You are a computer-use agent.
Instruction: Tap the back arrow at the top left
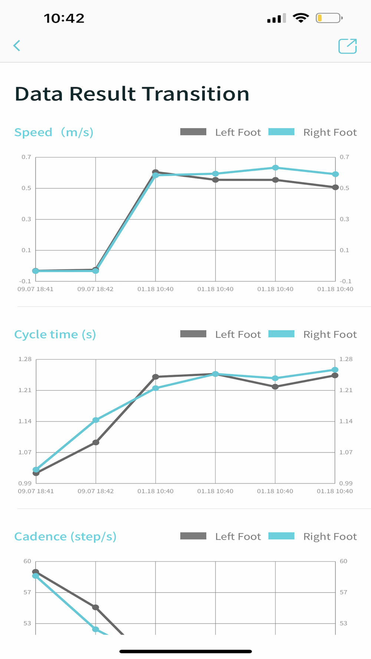pos(17,46)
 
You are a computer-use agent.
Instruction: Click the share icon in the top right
pos(347,46)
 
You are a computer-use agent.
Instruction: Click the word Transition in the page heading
pos(196,94)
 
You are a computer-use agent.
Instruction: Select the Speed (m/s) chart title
pos(54,132)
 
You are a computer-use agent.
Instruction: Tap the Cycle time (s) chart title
pos(55,334)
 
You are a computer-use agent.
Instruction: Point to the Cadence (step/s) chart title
pos(65,536)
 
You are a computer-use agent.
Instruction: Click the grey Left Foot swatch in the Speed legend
pos(193,132)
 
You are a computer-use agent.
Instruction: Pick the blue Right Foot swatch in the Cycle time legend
pos(281,334)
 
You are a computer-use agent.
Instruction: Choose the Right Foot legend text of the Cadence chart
pos(330,536)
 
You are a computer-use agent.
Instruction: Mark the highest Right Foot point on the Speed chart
pos(275,168)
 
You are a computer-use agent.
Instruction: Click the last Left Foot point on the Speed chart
pos(335,188)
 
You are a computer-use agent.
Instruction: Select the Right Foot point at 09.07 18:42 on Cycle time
pos(96,420)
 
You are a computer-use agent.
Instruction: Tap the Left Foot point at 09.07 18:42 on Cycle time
pos(96,442)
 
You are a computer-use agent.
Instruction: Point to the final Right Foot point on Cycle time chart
pos(335,370)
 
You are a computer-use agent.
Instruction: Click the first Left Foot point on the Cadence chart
pos(36,572)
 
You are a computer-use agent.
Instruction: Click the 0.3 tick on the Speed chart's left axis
pos(26,219)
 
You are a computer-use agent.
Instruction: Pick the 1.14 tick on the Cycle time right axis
pos(346,421)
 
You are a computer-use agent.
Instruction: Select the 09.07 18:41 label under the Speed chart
pos(36,289)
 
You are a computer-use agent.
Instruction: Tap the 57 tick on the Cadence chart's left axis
pos(27,592)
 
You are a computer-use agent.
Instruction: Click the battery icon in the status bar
pos(329,18)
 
